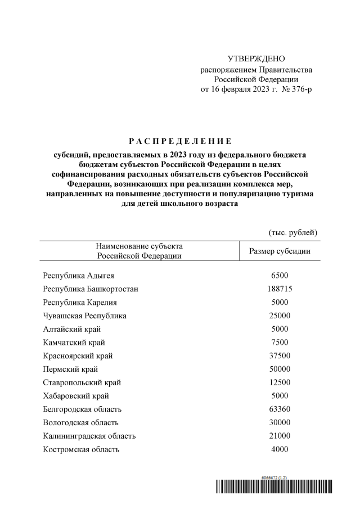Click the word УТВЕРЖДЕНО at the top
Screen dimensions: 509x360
[x=256, y=59]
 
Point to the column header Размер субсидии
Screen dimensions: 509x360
[x=280, y=251]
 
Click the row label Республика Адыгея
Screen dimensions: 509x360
[x=75, y=276]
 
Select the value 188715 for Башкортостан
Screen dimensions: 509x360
[x=280, y=289]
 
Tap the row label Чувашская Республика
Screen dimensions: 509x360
[x=84, y=316]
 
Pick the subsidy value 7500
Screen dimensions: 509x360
[x=280, y=343]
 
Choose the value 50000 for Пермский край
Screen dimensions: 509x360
[x=280, y=369]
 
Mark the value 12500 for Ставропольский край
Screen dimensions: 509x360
[x=280, y=382]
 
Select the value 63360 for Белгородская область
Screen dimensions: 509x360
[x=280, y=409]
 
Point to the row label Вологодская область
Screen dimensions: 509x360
[x=80, y=422]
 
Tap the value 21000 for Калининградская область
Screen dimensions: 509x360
[x=280, y=436]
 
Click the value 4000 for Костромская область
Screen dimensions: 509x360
[x=280, y=449]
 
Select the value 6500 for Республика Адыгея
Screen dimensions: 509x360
[x=280, y=276]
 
